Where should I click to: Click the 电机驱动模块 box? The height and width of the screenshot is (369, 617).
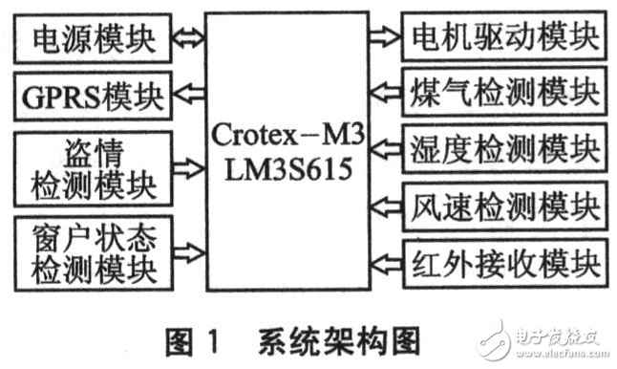tap(502, 37)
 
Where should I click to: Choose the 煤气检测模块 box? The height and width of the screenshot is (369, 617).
tap(502, 93)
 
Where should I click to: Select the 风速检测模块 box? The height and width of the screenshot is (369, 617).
tap(502, 205)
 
